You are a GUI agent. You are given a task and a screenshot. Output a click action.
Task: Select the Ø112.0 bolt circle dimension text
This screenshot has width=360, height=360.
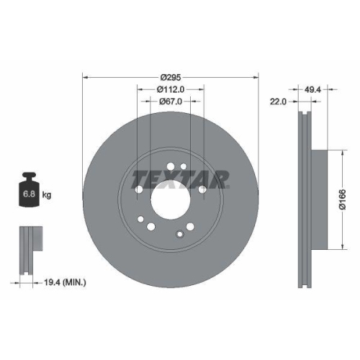pos(171,89)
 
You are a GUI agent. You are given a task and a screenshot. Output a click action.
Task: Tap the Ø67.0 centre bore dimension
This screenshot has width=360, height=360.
pos(170,102)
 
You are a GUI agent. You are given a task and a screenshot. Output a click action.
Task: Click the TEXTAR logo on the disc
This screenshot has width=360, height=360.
pos(181,177)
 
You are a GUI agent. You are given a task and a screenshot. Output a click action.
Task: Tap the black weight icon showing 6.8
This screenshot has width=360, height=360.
pos(30,191)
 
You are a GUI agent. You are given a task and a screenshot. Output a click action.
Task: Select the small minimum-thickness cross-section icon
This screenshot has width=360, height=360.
pos(28,249)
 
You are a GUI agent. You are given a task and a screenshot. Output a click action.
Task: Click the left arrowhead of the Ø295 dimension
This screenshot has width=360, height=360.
pos(86,76)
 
